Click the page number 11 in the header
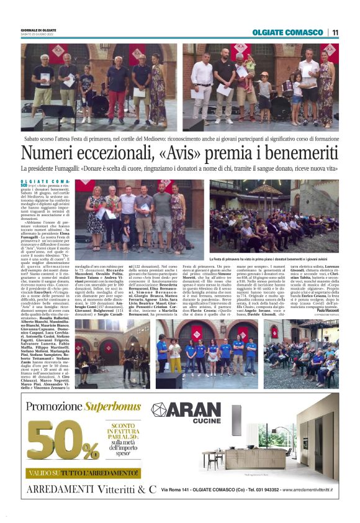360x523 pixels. pos(335,32)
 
